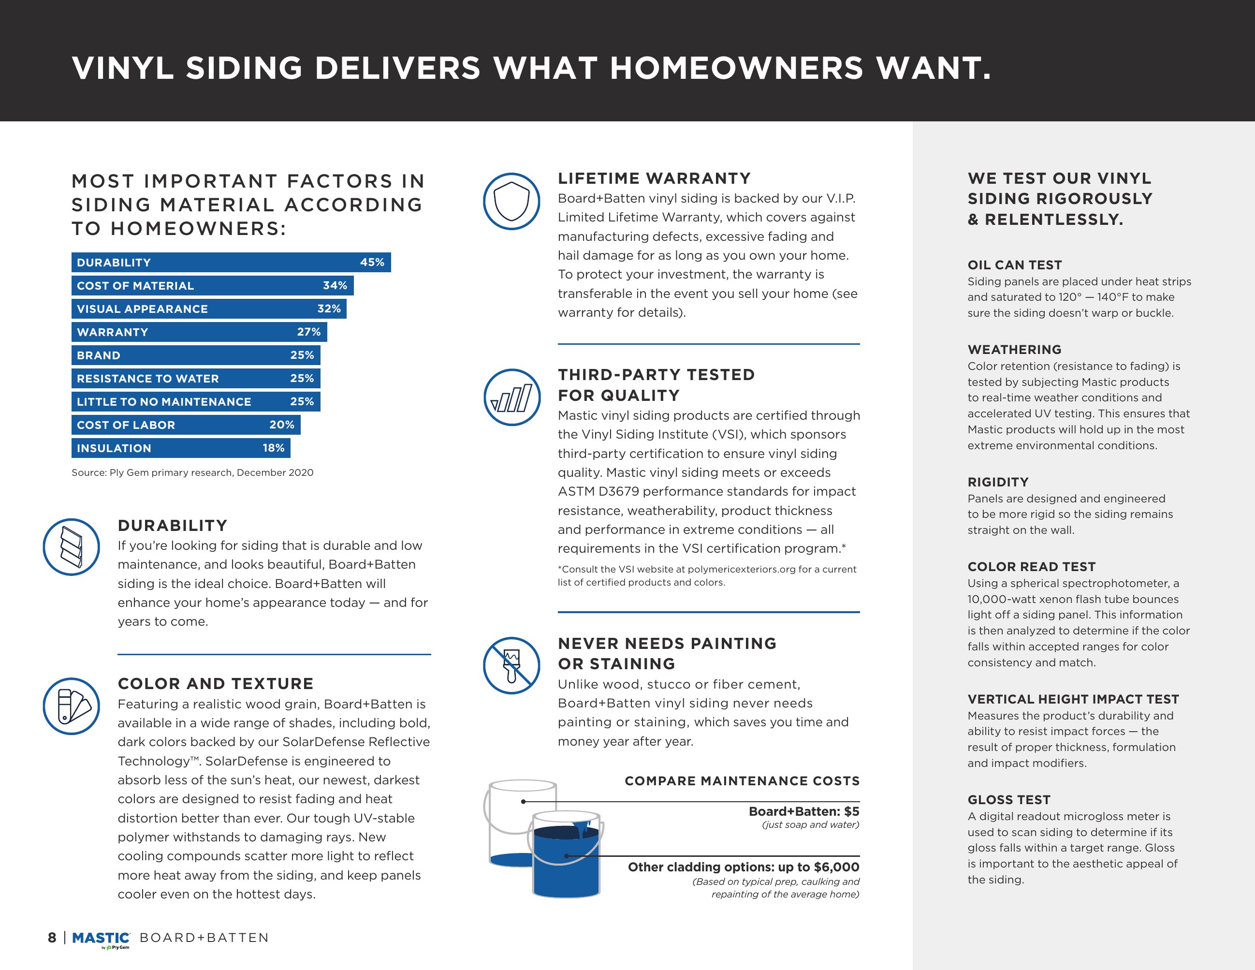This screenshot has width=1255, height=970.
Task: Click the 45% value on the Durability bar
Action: tap(372, 262)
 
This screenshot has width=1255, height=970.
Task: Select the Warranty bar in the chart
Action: tap(199, 332)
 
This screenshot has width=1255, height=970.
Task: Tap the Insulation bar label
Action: tap(114, 448)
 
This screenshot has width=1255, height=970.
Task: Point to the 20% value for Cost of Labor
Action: tap(281, 425)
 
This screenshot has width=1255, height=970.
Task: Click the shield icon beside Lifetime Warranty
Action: tap(511, 202)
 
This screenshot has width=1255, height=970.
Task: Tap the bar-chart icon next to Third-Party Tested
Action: tap(511, 397)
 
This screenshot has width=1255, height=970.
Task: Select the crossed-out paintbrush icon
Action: tap(511, 665)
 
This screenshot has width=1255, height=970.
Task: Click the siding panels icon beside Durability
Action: tap(71, 547)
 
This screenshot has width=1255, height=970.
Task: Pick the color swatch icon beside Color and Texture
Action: tap(71, 706)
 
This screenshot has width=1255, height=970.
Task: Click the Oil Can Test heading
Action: tap(1014, 265)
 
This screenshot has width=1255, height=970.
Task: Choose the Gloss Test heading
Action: tap(1008, 800)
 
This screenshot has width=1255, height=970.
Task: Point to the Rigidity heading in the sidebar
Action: tap(997, 482)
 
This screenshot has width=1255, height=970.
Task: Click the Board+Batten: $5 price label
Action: tap(803, 811)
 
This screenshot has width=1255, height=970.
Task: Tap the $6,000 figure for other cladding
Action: tap(837, 867)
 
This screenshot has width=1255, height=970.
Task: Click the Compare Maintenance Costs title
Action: tap(742, 781)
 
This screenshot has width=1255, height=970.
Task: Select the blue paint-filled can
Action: tap(566, 856)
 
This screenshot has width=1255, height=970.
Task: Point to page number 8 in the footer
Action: tap(52, 938)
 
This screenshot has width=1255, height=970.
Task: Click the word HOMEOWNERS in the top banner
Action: tap(736, 68)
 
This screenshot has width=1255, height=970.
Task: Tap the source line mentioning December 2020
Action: tap(192, 472)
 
